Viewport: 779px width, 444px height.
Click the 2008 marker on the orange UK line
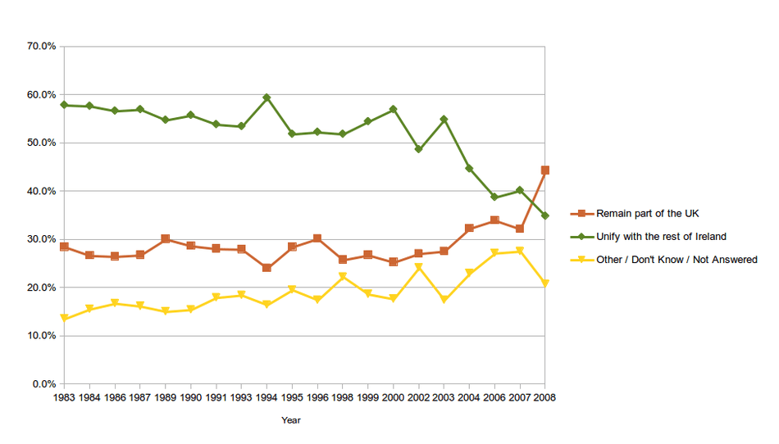coord(544,170)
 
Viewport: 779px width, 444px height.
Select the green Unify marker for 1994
coord(266,97)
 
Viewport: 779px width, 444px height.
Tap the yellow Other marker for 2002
coord(418,268)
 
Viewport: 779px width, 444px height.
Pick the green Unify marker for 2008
coord(544,215)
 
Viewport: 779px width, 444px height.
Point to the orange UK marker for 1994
coord(266,268)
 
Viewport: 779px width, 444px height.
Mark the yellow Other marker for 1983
coord(64,319)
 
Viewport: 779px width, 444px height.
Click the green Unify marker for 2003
coord(444,120)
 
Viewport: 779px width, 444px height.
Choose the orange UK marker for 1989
coord(166,239)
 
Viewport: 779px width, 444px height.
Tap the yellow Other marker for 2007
coord(519,251)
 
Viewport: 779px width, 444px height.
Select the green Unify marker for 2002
coord(418,149)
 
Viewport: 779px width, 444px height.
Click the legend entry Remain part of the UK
coord(648,214)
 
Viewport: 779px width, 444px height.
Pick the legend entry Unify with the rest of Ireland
coord(661,237)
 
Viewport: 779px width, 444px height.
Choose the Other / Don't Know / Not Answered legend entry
coord(676,260)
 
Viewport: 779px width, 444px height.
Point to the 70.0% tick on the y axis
coord(40,47)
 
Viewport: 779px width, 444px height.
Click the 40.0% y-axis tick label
coord(40,191)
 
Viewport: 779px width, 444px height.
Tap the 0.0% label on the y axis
coord(43,384)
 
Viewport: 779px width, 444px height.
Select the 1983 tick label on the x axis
coord(64,397)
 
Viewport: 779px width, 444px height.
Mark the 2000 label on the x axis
coord(393,397)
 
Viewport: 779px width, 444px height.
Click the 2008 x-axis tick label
coord(544,397)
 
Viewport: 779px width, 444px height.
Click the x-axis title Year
coord(291,420)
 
